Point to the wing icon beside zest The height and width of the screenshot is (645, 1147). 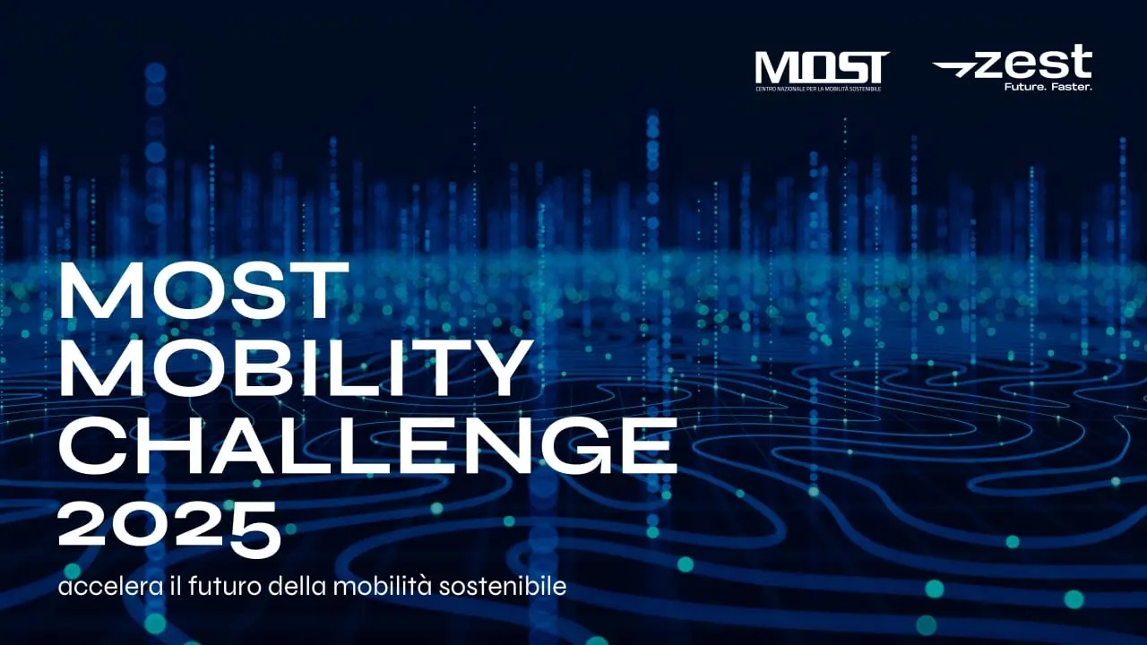[953, 69]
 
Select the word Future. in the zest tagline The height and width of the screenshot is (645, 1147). [1025, 87]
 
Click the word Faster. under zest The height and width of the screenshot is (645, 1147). [1072, 87]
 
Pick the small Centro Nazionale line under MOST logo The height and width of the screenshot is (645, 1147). [818, 89]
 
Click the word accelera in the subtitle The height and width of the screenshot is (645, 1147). [111, 587]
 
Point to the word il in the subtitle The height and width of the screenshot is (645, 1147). [176, 586]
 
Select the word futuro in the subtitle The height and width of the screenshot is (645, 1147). [225, 586]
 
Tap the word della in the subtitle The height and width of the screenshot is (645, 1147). [297, 586]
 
